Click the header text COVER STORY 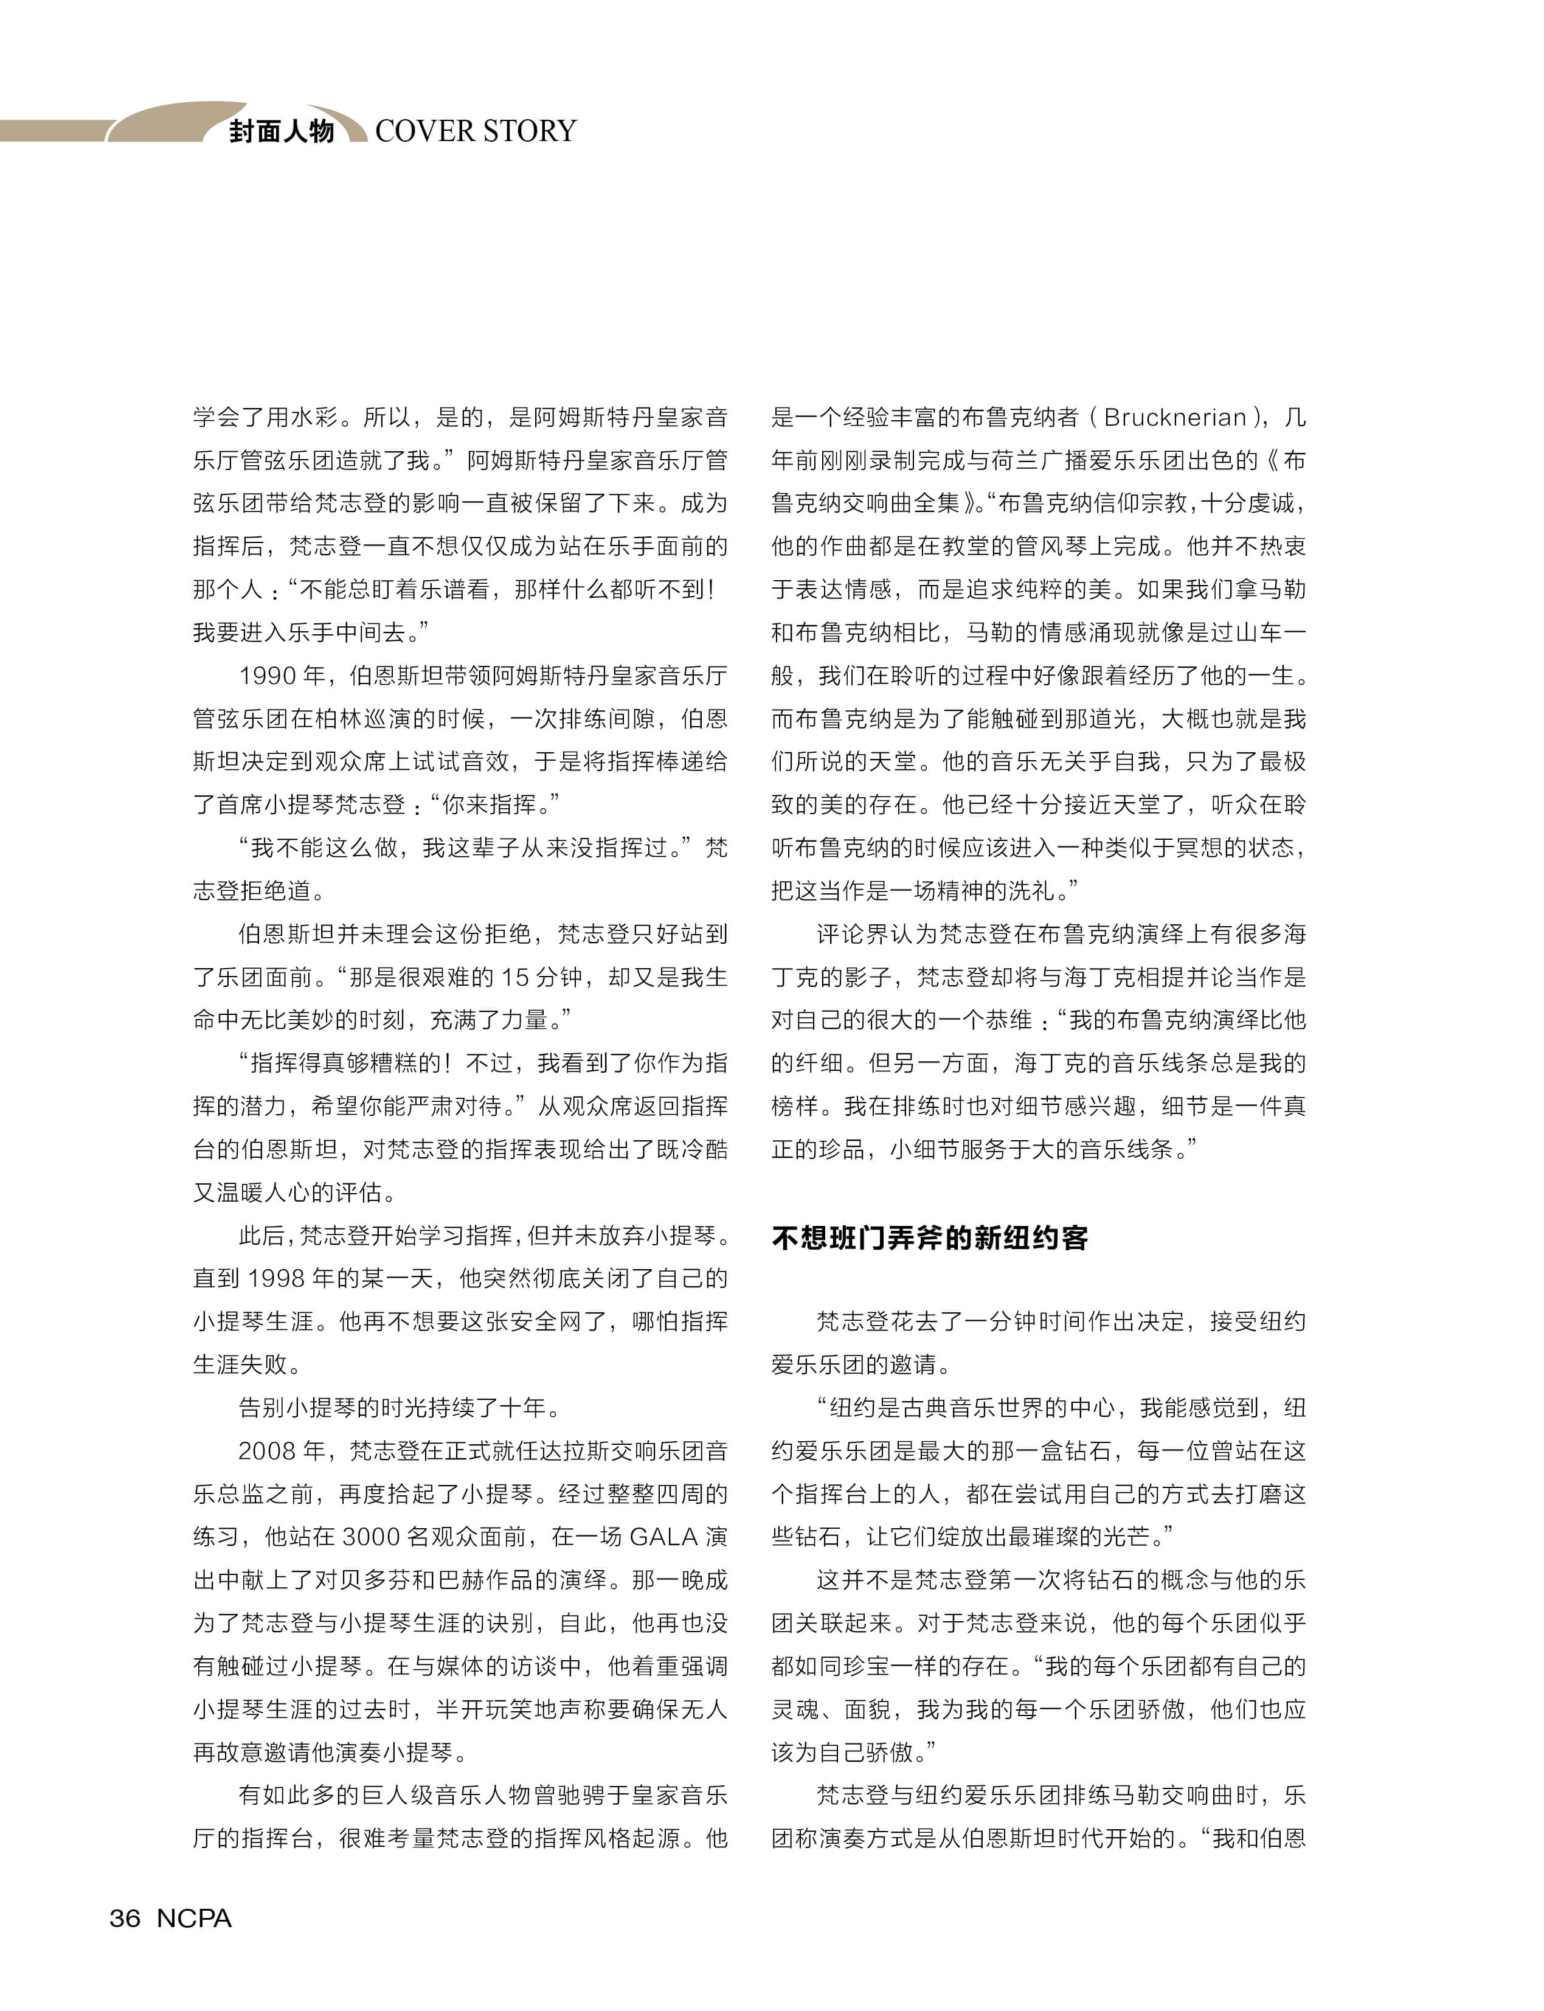[475, 131]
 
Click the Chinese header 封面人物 [281, 131]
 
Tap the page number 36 [125, 1917]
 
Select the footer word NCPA [194, 1917]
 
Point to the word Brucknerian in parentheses [1174, 417]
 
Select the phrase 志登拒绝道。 [258, 891]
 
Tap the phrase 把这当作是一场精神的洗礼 [915, 891]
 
